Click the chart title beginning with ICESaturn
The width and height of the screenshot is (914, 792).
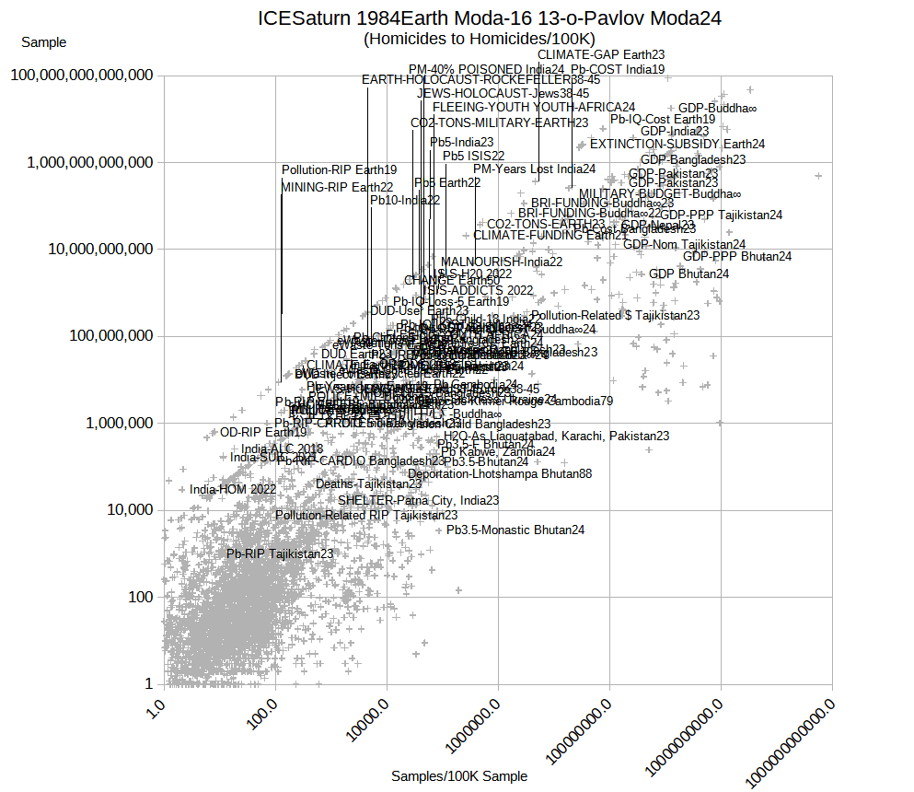[489, 17]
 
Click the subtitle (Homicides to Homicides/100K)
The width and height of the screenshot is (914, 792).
[480, 39]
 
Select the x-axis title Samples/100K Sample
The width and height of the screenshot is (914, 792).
[459, 776]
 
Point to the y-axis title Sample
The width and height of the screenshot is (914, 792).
[43, 42]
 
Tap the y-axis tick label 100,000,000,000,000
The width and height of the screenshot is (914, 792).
[81, 76]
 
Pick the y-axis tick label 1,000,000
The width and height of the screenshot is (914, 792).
[116, 424]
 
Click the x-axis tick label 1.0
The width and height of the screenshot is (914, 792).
[154, 710]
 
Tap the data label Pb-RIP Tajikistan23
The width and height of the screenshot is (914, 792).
[280, 553]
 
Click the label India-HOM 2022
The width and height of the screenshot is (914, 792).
[233, 489]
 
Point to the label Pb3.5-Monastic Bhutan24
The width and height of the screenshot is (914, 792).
[515, 530]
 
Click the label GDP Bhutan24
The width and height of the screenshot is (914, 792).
[688, 274]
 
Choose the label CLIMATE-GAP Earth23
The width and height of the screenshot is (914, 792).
[600, 55]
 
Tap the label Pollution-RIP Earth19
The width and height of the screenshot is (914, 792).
[339, 169]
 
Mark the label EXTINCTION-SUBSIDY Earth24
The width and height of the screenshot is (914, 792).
[677, 144]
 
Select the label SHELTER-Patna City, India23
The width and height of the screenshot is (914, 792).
[418, 500]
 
